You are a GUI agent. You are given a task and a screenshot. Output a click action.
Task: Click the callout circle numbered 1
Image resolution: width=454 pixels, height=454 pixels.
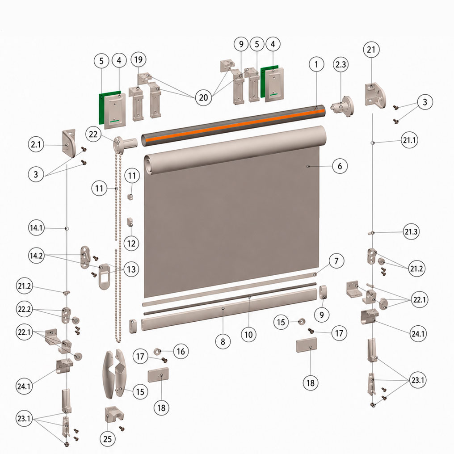pyautogui.click(x=316, y=64)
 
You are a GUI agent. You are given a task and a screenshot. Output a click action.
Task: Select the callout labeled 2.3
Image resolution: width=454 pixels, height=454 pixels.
pyautogui.click(x=340, y=64)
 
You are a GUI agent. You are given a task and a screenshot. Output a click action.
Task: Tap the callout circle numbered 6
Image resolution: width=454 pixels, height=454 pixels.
pyautogui.click(x=340, y=166)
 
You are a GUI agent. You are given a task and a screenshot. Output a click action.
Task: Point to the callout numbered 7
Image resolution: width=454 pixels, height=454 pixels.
pyautogui.click(x=336, y=261)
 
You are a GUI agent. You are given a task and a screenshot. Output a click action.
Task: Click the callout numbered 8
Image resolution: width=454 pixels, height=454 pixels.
pyautogui.click(x=223, y=342)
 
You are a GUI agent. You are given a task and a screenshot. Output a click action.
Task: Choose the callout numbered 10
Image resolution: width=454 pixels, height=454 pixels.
pyautogui.click(x=249, y=334)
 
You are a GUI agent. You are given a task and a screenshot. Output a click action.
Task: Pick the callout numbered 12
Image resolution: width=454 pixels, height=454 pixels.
pyautogui.click(x=131, y=243)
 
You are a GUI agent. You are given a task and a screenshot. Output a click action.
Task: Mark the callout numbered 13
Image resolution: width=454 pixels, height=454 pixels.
pyautogui.click(x=131, y=269)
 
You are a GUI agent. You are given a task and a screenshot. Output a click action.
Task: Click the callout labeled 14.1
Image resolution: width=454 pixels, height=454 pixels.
pyautogui.click(x=37, y=227)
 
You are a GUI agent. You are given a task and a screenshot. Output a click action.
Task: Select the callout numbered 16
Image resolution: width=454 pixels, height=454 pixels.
pyautogui.click(x=181, y=351)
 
